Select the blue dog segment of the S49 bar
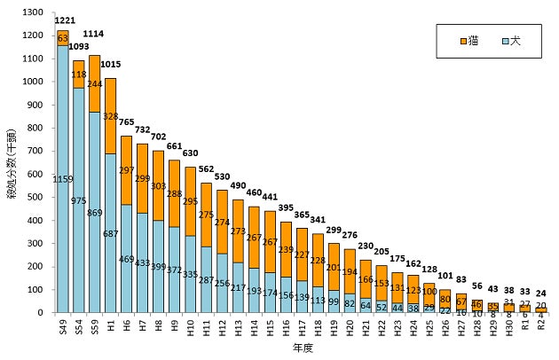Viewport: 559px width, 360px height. [x=64, y=177]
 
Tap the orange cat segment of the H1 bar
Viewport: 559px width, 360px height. [x=110, y=115]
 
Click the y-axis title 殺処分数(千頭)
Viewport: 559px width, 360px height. [x=10, y=161]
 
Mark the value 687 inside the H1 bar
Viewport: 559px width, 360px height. [x=110, y=233]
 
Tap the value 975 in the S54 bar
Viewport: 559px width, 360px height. [x=79, y=200]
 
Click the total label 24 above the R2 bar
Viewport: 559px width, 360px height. [x=541, y=293]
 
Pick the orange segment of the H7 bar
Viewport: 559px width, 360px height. [x=141, y=177]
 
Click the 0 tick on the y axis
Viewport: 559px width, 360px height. [x=38, y=312]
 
